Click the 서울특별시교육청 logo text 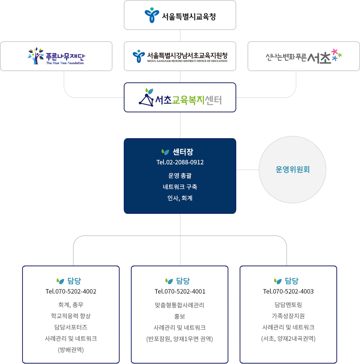[189, 16]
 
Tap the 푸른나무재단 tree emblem [36, 56]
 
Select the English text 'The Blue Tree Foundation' [65, 63]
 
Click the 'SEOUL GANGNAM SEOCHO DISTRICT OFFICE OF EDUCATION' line [187, 61]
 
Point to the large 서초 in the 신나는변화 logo [319, 58]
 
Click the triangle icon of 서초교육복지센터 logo [146, 100]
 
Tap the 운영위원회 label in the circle [292, 170]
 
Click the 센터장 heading [183, 152]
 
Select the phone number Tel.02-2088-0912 [180, 162]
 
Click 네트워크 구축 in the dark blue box [180, 186]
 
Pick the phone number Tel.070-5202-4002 [71, 291]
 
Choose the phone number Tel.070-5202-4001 [180, 291]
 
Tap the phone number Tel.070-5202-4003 [288, 291]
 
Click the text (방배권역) [71, 350]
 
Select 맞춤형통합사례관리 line [179, 305]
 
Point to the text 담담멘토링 [288, 304]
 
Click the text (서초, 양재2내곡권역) [288, 339]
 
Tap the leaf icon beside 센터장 [165, 152]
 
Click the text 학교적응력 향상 [71, 316]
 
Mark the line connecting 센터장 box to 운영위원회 [247, 170]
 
